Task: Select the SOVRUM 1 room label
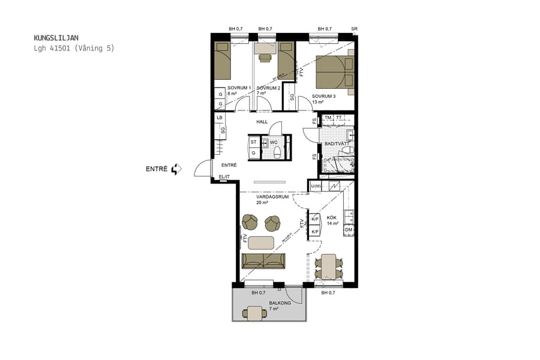pos(239,88)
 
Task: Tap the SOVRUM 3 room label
pos(323,96)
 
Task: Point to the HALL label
pos(262,122)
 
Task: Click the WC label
pos(274,142)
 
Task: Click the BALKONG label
pos(279,304)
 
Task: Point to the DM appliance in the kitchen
pos(348,230)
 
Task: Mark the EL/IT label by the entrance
pos(224,176)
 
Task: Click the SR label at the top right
pos(355,29)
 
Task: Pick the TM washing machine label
pos(328,118)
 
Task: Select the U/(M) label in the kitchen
pos(316,187)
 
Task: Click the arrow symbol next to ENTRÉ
pos(176,169)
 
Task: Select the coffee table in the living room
pos(261,242)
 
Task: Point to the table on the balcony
pos(255,313)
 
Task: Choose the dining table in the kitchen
pos(329,266)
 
